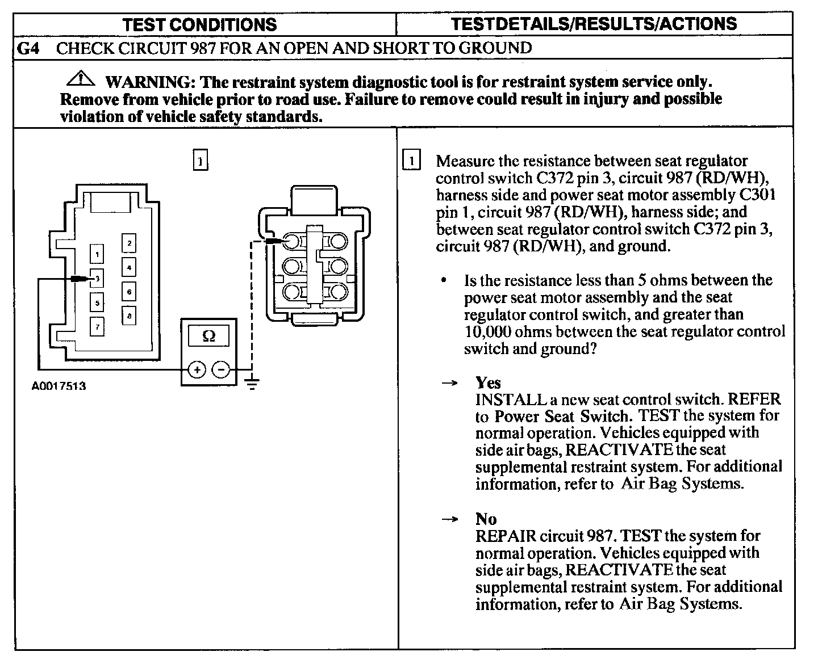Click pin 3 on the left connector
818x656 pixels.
98,279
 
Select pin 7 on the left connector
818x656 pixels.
98,327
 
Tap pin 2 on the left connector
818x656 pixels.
129,243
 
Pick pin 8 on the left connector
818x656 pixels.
129,316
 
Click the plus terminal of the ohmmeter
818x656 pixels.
197,370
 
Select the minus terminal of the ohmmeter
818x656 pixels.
221,370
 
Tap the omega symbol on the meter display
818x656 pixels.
208,337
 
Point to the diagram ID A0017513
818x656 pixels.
59,386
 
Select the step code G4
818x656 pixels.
28,48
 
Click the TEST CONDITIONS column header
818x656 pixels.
199,24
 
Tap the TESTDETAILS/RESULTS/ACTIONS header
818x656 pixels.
594,24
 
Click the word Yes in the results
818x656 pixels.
488,382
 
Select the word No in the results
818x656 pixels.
486,519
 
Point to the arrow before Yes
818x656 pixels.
449,384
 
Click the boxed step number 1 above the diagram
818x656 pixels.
201,161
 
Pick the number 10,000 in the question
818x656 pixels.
488,331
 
